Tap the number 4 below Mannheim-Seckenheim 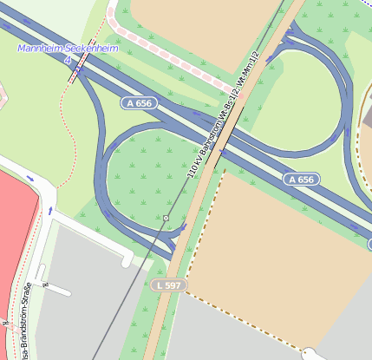pos(67,60)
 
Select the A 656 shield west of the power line pos(139,103)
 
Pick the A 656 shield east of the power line pos(301,180)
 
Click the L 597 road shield pos(168,285)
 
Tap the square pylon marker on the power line pos(166,217)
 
